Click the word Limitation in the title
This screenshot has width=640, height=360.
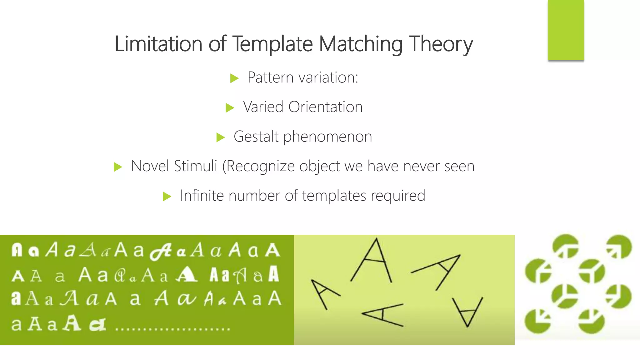click(158, 44)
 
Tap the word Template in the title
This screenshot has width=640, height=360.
click(272, 44)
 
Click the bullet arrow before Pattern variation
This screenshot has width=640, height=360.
click(234, 78)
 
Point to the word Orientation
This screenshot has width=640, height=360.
click(325, 107)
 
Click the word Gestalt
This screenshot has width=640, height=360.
click(256, 137)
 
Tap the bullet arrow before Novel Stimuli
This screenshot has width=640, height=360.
click(118, 167)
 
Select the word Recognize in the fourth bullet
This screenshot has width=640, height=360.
click(260, 167)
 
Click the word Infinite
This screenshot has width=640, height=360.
click(202, 196)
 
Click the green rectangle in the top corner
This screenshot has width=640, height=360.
click(566, 30)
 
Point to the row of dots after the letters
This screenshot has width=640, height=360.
click(172, 329)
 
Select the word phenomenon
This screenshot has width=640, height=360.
click(327, 137)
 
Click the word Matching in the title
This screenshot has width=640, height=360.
click(361, 44)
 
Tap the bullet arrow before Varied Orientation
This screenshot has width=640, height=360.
click(230, 108)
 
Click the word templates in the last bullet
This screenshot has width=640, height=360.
click(334, 196)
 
